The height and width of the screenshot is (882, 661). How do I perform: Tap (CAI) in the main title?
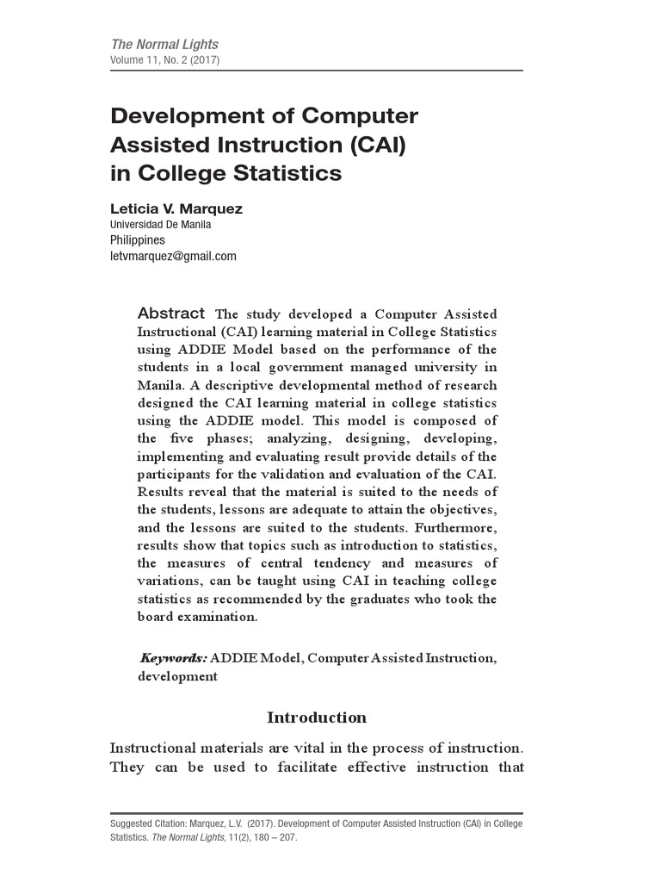[x=369, y=145]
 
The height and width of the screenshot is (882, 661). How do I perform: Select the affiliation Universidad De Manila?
[x=161, y=224]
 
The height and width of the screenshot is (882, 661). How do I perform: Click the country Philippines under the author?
[x=137, y=240]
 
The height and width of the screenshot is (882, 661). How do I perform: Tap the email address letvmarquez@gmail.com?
[x=173, y=257]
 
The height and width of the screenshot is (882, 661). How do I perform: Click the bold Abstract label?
[x=171, y=314]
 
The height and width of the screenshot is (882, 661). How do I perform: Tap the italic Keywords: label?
[x=173, y=658]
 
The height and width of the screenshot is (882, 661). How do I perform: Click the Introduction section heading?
[x=317, y=717]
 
